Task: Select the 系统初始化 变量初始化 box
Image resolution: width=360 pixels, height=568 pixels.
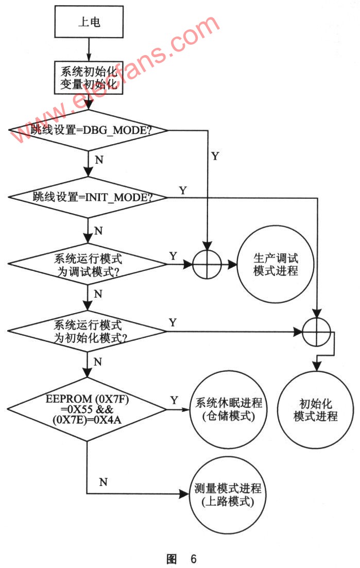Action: tap(89, 77)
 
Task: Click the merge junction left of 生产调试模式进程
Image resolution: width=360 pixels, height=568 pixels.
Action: tap(207, 266)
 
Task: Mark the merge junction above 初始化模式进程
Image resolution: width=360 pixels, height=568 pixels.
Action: tap(316, 332)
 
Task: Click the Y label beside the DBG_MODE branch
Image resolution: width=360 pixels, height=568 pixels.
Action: tap(215, 157)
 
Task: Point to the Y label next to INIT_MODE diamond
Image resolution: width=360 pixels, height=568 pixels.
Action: tap(183, 190)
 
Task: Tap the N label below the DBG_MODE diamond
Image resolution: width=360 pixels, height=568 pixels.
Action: tap(99, 160)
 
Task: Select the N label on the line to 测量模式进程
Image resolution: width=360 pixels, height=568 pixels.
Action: tap(103, 483)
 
